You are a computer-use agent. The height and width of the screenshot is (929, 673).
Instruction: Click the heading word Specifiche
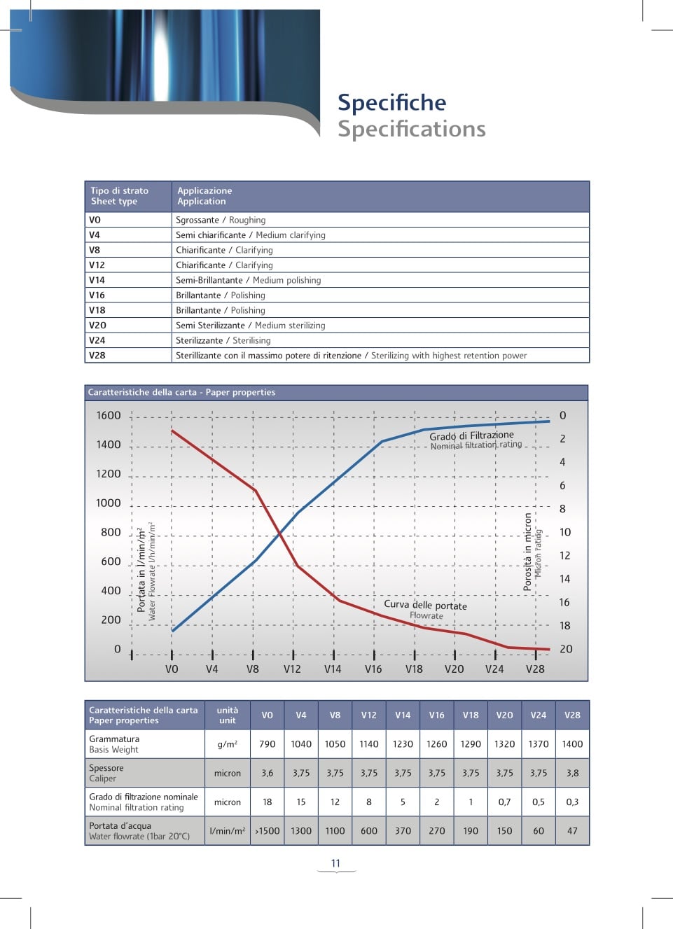pos(391,103)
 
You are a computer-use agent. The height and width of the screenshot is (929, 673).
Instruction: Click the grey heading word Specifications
pos(411,130)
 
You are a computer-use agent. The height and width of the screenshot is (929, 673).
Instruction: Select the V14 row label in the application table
pos(97,280)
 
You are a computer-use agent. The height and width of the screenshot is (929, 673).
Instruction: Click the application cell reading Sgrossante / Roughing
pos(221,220)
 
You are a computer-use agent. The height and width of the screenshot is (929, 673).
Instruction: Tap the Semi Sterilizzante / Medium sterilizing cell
pos(250,326)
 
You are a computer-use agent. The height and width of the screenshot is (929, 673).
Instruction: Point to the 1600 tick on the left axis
pos(109,416)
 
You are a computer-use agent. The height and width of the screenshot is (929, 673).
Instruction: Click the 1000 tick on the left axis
pos(109,503)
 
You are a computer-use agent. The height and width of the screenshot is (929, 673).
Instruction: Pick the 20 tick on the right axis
pos(566,649)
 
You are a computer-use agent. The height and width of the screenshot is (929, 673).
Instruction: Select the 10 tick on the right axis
pos(565,532)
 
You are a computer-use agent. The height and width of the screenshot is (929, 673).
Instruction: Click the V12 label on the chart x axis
pos(292,669)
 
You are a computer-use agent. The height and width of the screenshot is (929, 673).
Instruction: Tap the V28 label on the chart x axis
pos(535,669)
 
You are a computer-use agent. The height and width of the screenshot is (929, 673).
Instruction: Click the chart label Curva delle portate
pos(425,605)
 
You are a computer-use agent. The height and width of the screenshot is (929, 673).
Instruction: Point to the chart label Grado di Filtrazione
pos(471,435)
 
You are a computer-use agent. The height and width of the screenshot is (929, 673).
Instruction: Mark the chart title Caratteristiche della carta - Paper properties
pos(181,393)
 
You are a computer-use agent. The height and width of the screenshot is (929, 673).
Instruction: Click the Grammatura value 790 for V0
pos(268,744)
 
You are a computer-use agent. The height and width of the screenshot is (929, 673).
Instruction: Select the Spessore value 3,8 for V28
pos(572,774)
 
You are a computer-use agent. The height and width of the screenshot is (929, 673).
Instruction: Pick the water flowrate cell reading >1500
pos(267,831)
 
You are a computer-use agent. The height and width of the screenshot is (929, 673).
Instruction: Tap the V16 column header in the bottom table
pos(437,715)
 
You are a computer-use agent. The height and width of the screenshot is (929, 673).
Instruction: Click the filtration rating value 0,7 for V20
pos(504,802)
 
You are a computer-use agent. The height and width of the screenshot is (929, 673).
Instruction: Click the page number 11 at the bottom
pos(335,863)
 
